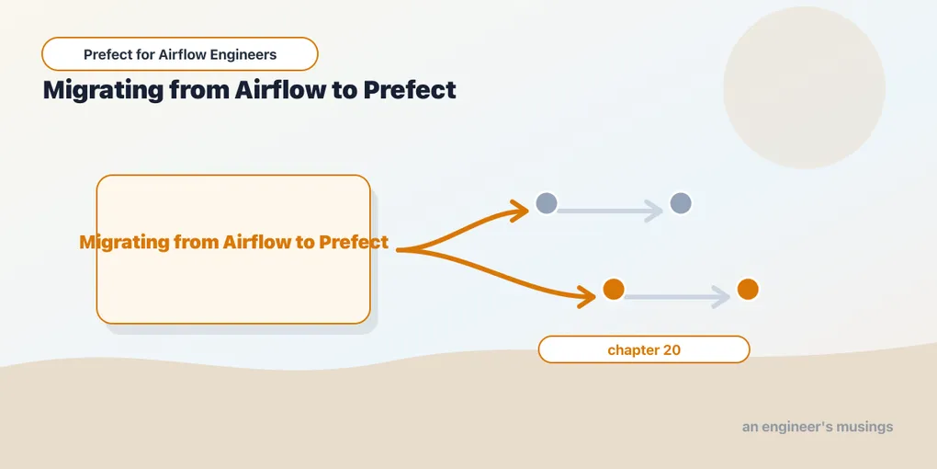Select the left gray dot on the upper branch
(547, 203)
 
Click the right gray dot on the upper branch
(681, 203)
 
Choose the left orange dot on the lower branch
(614, 290)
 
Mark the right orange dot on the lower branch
(748, 290)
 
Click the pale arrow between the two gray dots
(610, 211)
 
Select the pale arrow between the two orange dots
(677, 297)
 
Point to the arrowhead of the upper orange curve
(521, 210)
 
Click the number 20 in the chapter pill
(672, 350)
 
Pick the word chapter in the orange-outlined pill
(634, 350)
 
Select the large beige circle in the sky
(805, 87)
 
